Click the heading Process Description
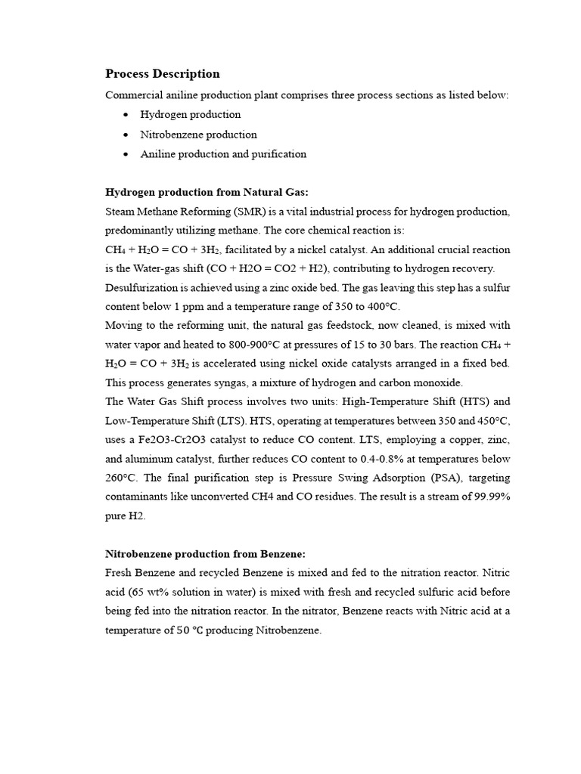163,74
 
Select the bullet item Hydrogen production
190,115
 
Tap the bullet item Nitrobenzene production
198,135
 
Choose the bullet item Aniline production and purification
223,154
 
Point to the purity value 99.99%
489,497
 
